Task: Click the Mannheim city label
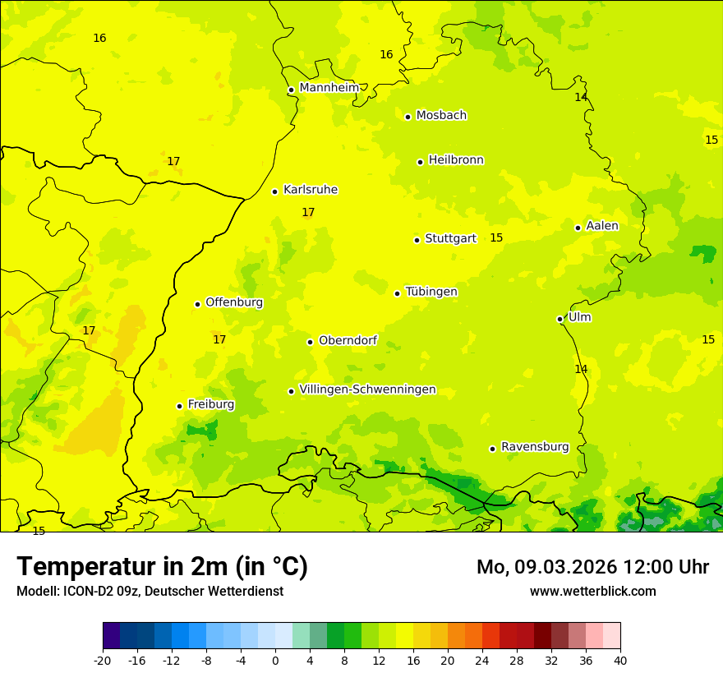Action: pyautogui.click(x=329, y=88)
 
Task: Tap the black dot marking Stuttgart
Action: pyautogui.click(x=417, y=240)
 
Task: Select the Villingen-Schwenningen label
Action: pyautogui.click(x=367, y=389)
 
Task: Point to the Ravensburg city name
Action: pyautogui.click(x=535, y=447)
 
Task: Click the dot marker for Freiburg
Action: pyautogui.click(x=179, y=406)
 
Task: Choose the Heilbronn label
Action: pyautogui.click(x=456, y=160)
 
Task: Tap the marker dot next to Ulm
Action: pyautogui.click(x=560, y=319)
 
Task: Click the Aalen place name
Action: pyautogui.click(x=602, y=226)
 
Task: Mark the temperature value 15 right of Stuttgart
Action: pyautogui.click(x=496, y=237)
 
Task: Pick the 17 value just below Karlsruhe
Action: pyautogui.click(x=308, y=212)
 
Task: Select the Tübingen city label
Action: pyautogui.click(x=431, y=292)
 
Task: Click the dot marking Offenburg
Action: pyautogui.click(x=197, y=304)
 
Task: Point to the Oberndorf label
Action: pyautogui.click(x=348, y=340)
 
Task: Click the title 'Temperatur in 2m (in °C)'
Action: pyautogui.click(x=162, y=567)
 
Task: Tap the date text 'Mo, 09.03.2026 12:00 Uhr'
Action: pyautogui.click(x=592, y=567)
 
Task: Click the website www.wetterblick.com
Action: pyautogui.click(x=592, y=591)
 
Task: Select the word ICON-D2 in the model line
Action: pyautogui.click(x=86, y=591)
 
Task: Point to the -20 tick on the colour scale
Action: pyautogui.click(x=103, y=660)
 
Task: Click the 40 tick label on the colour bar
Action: pyautogui.click(x=620, y=660)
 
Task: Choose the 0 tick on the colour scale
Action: pyautogui.click(x=275, y=660)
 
